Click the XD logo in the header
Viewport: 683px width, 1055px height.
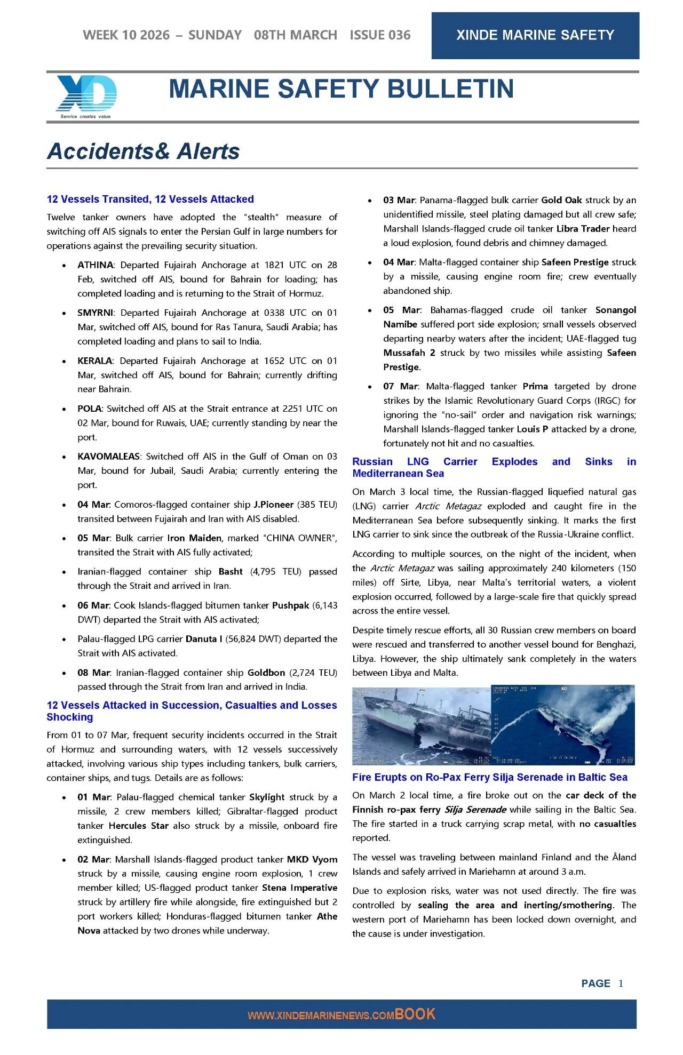86,96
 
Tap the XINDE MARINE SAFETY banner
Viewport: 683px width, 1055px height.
535,35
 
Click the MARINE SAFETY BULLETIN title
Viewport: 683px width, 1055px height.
341,89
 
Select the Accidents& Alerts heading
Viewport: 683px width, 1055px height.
143,151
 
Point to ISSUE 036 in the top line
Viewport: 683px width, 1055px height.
380,35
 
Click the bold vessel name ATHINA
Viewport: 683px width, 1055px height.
96,265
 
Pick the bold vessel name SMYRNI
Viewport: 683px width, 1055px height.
96,313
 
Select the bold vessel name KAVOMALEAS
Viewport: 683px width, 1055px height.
109,457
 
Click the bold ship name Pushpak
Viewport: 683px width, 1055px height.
291,605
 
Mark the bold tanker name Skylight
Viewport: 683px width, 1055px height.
267,797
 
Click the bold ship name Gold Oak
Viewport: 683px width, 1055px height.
561,201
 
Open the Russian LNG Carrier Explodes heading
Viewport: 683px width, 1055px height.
494,467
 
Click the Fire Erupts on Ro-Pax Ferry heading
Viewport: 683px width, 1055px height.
489,777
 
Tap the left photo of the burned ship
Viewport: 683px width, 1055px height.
421,725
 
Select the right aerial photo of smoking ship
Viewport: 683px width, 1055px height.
562,725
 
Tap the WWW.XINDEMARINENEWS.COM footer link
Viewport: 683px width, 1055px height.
321,1016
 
